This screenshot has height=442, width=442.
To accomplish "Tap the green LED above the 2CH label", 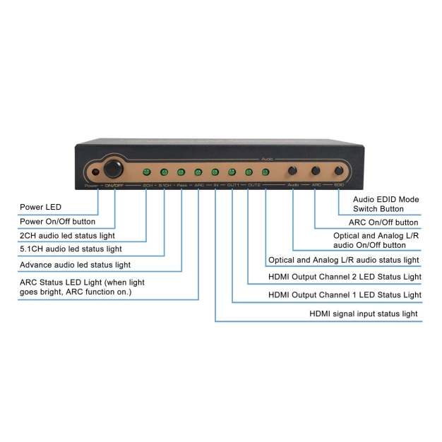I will pyautogui.click(x=147, y=172).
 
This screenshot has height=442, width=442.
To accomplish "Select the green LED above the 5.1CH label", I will pyautogui.click(x=164, y=172).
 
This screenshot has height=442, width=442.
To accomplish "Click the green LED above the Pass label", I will pyautogui.click(x=181, y=172).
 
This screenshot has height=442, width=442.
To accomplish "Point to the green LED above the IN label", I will pyautogui.click(x=215, y=172).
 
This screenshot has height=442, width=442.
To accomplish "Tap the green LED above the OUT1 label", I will pyautogui.click(x=232, y=172).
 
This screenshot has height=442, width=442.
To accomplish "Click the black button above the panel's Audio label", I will pyautogui.click(x=292, y=171).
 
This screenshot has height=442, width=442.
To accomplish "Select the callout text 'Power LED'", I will pyautogui.click(x=42, y=208).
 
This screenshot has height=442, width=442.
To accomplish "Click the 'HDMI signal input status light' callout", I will pyautogui.click(x=364, y=313).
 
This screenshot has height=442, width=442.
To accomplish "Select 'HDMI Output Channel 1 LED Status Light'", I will pyautogui.click(x=345, y=294).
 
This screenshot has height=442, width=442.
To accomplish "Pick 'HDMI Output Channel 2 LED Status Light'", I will pyautogui.click(x=345, y=276).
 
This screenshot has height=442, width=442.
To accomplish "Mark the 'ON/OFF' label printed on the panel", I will pyautogui.click(x=114, y=185).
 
